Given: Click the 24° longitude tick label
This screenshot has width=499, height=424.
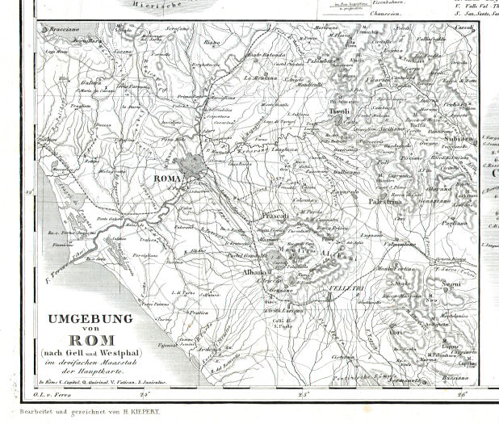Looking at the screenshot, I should tap(145, 395).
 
